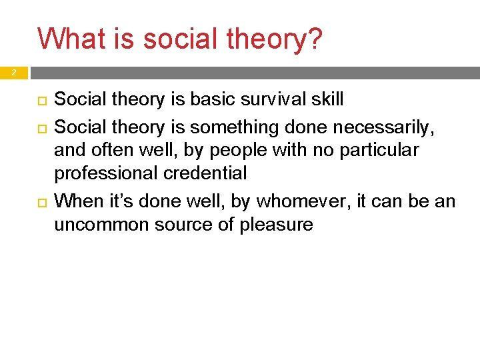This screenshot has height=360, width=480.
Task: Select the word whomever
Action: (300, 200)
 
